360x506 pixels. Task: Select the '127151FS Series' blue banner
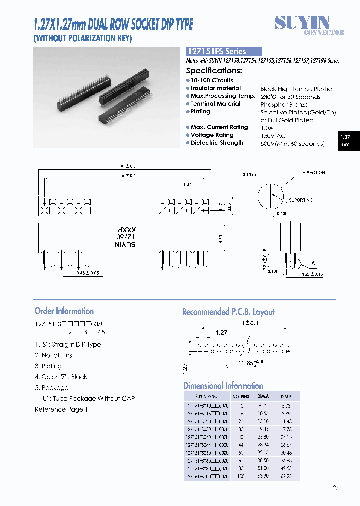coord(224,51)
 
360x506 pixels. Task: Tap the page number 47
coord(335,488)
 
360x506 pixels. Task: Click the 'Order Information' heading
coord(64,311)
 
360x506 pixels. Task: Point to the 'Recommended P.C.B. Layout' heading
coord(228,312)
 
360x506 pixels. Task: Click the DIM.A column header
coord(262,396)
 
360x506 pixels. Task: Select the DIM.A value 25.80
coord(262,437)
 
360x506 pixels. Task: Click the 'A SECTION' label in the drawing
coord(313,173)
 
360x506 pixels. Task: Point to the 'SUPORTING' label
coord(300,200)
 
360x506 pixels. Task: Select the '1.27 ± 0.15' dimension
coord(313,274)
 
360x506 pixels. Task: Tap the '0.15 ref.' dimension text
coord(251,175)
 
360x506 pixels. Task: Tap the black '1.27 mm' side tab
coord(345,141)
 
